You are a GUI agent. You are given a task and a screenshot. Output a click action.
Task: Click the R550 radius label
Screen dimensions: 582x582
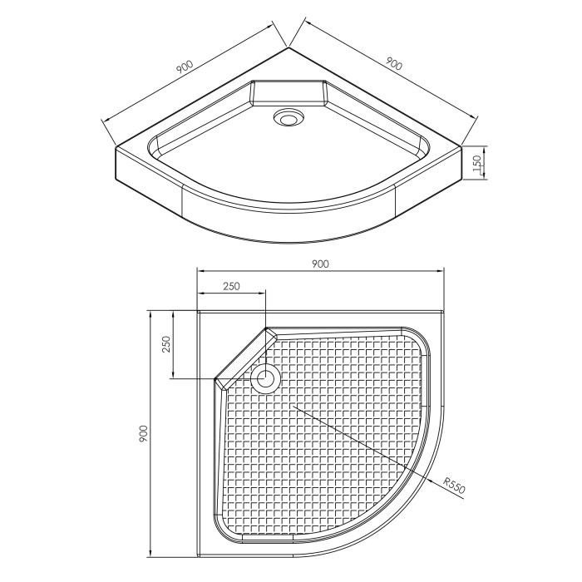455,486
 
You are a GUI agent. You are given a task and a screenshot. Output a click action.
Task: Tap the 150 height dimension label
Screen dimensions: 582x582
477,163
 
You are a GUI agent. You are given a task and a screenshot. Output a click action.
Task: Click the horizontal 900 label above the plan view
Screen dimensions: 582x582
320,264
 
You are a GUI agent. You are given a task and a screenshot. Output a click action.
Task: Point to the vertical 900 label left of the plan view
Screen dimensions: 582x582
143,433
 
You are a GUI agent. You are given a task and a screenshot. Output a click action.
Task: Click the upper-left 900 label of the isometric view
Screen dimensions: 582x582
185,67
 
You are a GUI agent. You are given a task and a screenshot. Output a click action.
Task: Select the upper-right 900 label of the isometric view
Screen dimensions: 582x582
393,63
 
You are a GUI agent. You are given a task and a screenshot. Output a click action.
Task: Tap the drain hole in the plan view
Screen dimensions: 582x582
264,379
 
